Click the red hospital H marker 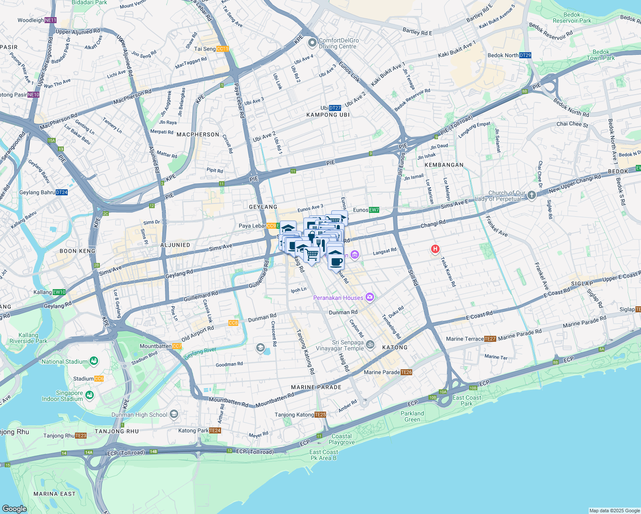(x=435, y=249)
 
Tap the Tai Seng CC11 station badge (x=222, y=49)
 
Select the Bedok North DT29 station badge (x=525, y=55)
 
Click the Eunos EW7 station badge (x=374, y=210)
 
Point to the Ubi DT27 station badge (x=335, y=108)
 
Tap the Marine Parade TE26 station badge (x=407, y=372)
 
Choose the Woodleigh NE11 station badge (x=51, y=20)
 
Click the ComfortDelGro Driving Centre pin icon (x=313, y=43)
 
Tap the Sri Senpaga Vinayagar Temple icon (x=370, y=344)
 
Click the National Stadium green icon (x=94, y=362)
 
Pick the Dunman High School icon (x=174, y=414)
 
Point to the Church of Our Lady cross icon (x=532, y=195)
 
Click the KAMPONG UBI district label (x=328, y=115)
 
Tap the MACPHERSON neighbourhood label (x=198, y=134)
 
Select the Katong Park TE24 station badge (x=215, y=430)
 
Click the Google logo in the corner (x=15, y=509)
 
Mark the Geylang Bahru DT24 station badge (x=62, y=192)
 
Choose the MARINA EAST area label (x=54, y=494)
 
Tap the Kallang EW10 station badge (x=59, y=292)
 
